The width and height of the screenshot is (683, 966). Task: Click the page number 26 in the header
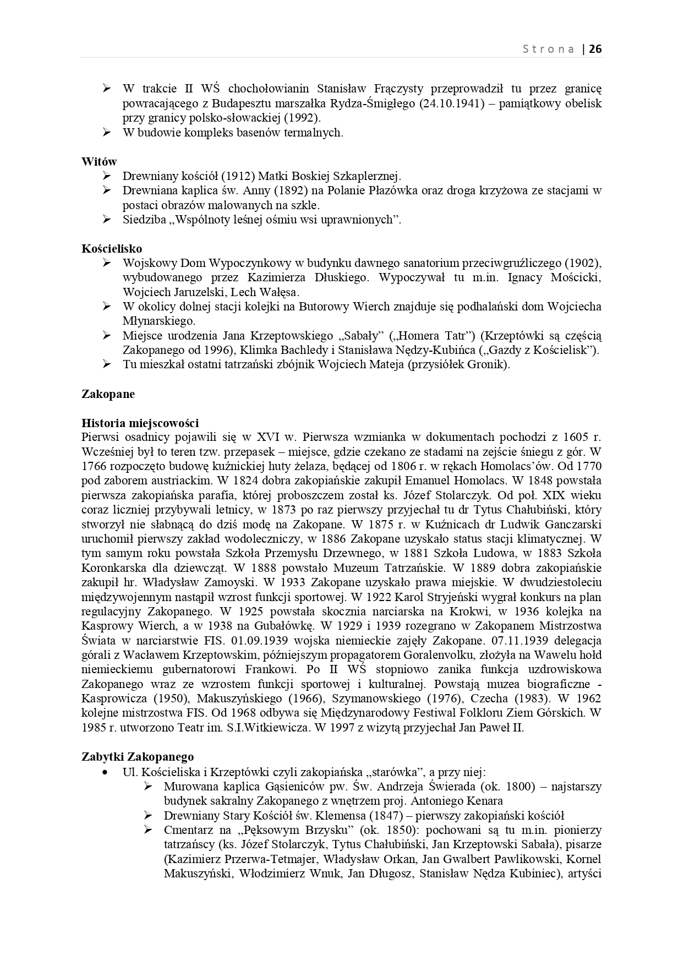click(x=595, y=48)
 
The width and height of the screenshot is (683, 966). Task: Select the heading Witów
click(x=99, y=162)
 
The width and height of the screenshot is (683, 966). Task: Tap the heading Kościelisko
click(x=112, y=249)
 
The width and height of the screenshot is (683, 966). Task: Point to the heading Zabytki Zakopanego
click(x=138, y=757)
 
